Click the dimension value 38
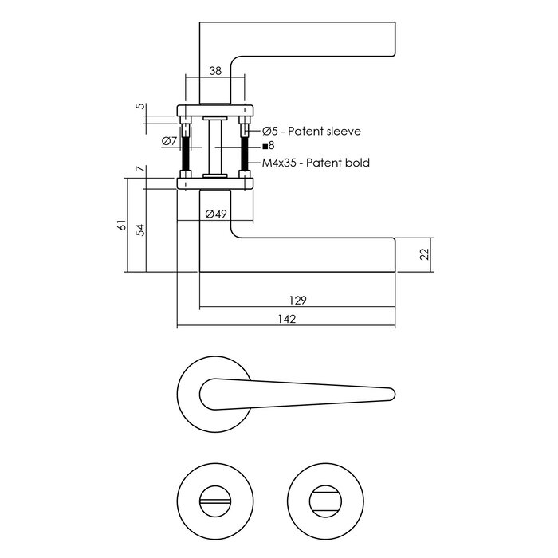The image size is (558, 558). coord(214,70)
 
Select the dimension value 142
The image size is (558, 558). coord(286,319)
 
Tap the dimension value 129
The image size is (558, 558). coord(297,301)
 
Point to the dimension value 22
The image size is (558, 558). coord(424,254)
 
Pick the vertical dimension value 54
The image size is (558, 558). coord(139,230)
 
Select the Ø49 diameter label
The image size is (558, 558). coord(215,214)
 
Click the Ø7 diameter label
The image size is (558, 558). coord(168,141)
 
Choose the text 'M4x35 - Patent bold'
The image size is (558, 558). coord(316,163)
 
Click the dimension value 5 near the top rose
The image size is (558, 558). coord(139,106)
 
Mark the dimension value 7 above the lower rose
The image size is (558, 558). coord(139,169)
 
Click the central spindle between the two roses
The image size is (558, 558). coord(214,147)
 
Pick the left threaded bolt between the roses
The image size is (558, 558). coord(185,152)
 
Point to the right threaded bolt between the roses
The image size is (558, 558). coord(244,152)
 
